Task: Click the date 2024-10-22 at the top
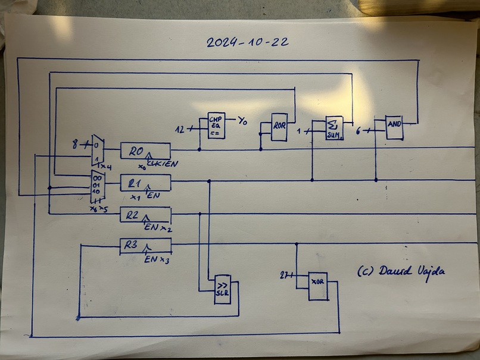click(248, 42)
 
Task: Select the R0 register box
click(145, 151)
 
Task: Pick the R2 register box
click(145, 214)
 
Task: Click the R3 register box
click(145, 245)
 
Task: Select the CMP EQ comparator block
click(216, 126)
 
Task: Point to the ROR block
click(279, 127)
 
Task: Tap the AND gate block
click(394, 127)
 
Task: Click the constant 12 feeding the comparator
click(180, 129)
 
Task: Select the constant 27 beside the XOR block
click(285, 275)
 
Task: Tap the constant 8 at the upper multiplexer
click(75, 144)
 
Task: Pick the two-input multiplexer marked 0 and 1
click(97, 150)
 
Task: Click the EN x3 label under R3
click(156, 259)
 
